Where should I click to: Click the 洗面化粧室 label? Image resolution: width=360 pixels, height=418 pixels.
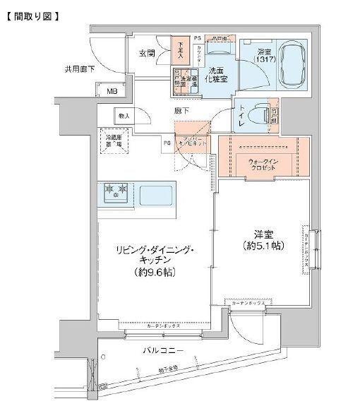click(216, 75)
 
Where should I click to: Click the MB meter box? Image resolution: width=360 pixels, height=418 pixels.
click(112, 90)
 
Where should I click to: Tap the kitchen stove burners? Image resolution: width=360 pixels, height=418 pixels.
click(114, 192)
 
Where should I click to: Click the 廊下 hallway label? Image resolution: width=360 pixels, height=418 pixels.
click(181, 112)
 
